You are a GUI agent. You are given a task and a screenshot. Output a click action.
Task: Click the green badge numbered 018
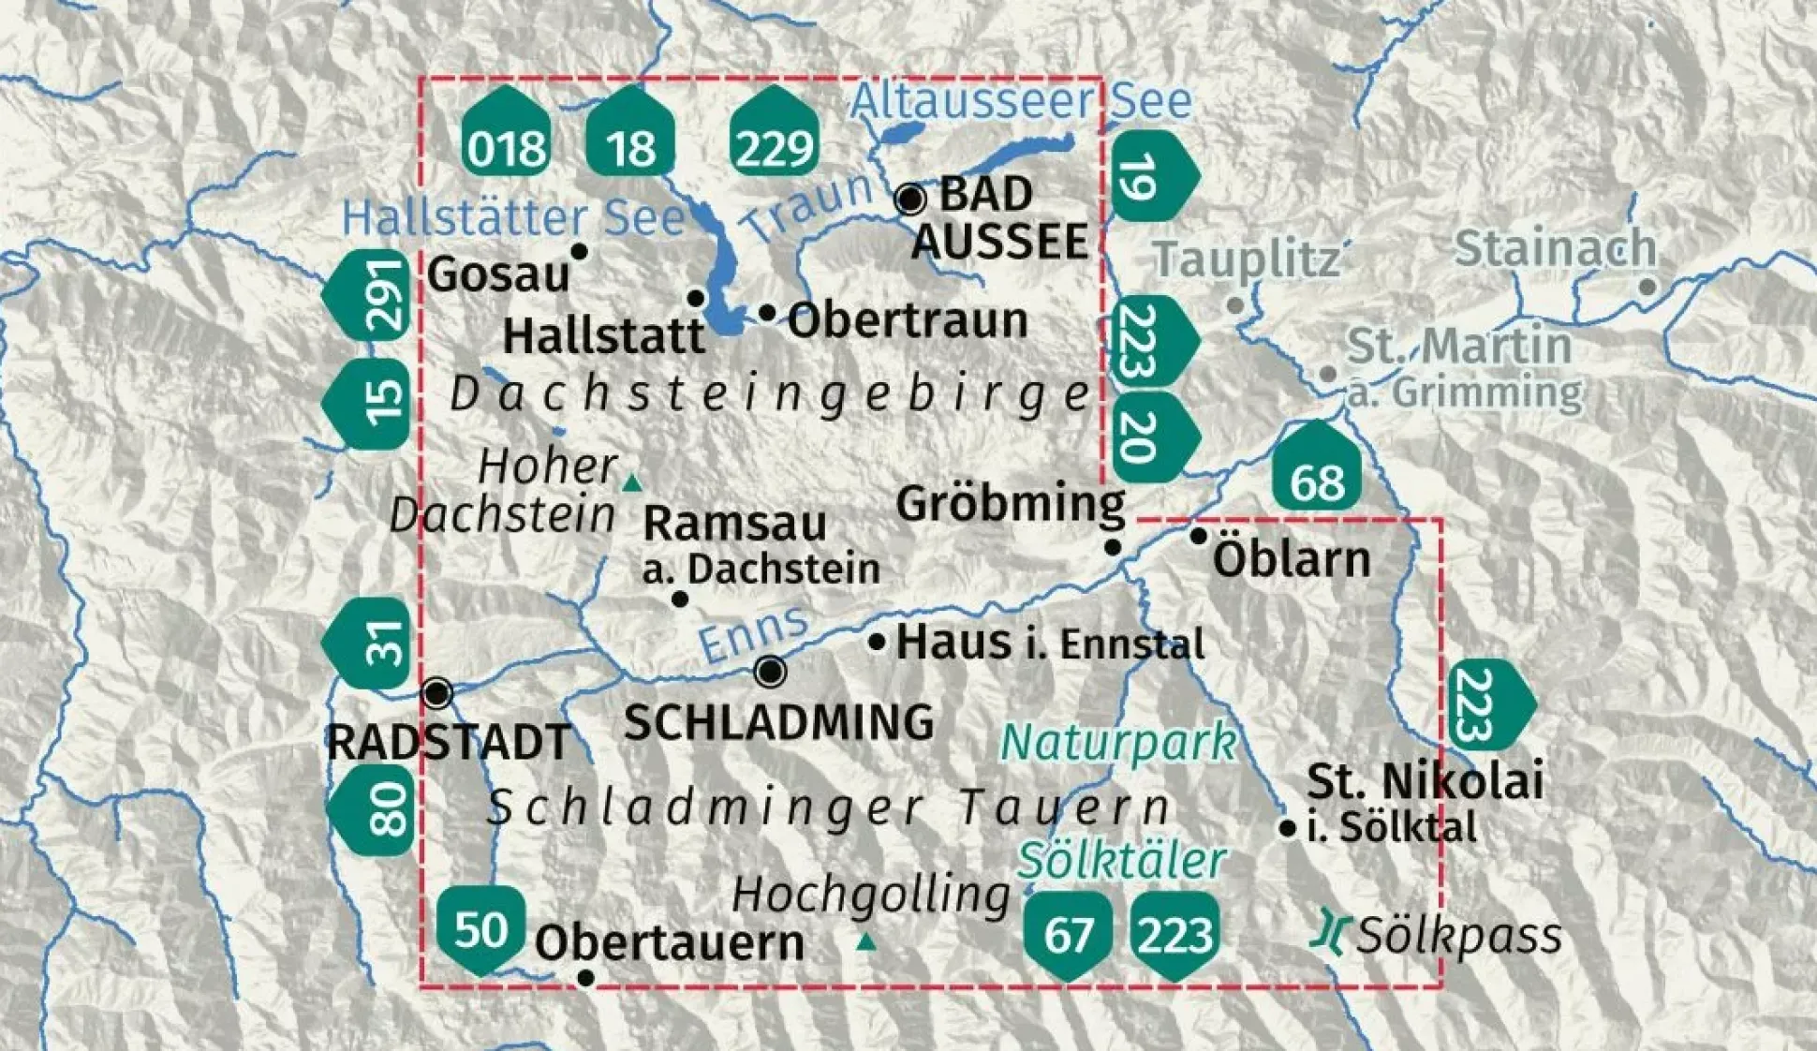point(506,136)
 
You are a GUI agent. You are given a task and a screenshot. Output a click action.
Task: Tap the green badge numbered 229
point(774,136)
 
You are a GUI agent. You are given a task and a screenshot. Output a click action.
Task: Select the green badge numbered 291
point(371,294)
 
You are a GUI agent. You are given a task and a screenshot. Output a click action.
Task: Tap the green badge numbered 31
point(371,643)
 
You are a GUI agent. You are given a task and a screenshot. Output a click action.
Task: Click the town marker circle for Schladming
point(770,671)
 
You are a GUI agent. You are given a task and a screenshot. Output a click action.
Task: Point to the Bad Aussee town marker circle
point(909,199)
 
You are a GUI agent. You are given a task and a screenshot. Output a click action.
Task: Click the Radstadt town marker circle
point(437,693)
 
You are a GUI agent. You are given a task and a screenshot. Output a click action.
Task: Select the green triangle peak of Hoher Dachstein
point(632,483)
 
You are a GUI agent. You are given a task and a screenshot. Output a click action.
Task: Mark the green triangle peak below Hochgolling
point(866,941)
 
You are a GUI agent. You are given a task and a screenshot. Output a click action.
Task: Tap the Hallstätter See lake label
point(513,218)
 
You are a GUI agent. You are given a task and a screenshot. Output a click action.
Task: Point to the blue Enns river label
point(754,634)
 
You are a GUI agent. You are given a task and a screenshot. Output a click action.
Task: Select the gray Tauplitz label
point(1246,259)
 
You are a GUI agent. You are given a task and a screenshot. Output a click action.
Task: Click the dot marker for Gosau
point(579,251)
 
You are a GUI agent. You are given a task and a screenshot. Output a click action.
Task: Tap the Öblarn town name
point(1291,560)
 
